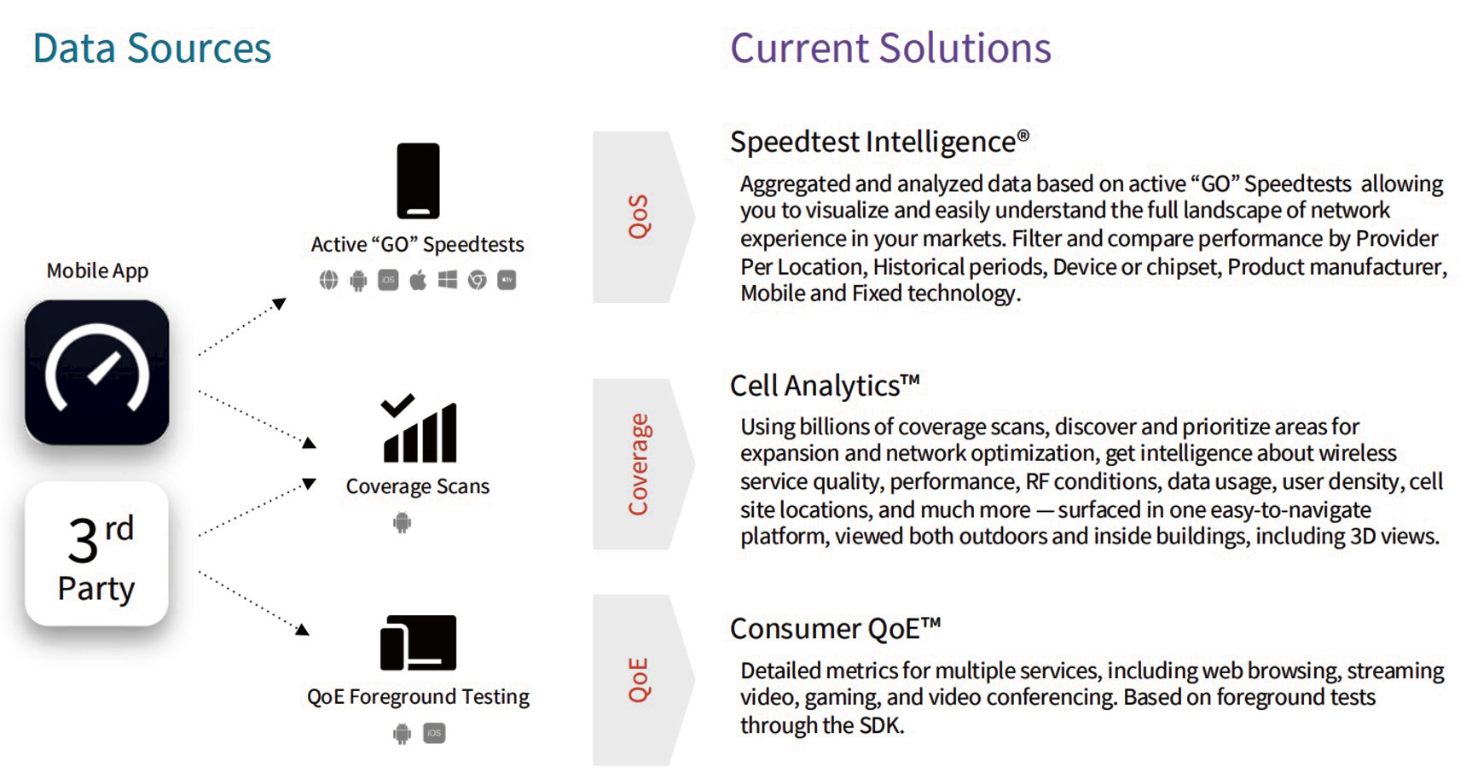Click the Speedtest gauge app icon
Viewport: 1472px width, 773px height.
[x=97, y=372]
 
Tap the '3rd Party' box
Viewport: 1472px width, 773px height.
[x=97, y=555]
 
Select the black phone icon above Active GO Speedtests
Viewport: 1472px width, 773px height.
[x=418, y=181]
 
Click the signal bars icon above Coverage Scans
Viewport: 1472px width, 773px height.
[x=419, y=427]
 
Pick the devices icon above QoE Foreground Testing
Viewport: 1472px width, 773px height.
[x=418, y=642]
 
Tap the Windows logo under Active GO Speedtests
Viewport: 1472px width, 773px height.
[x=448, y=280]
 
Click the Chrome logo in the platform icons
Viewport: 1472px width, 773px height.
[x=478, y=280]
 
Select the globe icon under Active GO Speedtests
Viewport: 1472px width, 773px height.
[x=328, y=280]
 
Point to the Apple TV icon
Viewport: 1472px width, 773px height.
[x=507, y=280]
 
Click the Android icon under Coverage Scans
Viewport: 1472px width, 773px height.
[x=402, y=522]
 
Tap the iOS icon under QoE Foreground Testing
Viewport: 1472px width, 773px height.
[x=434, y=733]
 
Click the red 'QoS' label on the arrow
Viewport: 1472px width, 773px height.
[x=639, y=217]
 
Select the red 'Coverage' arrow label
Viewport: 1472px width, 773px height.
[x=639, y=464]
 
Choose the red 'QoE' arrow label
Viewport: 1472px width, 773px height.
[x=639, y=679]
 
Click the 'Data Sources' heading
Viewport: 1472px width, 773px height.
[x=152, y=48]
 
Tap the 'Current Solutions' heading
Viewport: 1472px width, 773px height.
[x=890, y=48]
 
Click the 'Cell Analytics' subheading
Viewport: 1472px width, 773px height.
[x=825, y=386]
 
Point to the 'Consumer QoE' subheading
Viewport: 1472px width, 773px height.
[x=835, y=629]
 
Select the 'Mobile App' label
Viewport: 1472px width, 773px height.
[x=97, y=270]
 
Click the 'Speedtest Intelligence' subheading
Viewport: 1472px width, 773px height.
[x=879, y=142]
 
